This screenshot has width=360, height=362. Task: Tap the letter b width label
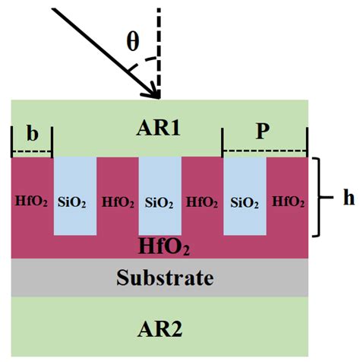(32, 134)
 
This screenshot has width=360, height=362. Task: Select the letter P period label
(263, 132)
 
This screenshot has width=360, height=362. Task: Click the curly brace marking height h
(321, 197)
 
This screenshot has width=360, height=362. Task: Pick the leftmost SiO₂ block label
(74, 202)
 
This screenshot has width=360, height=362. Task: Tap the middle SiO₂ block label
(159, 202)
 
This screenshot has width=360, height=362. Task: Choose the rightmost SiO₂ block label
(244, 202)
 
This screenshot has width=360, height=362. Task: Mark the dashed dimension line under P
(264, 151)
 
